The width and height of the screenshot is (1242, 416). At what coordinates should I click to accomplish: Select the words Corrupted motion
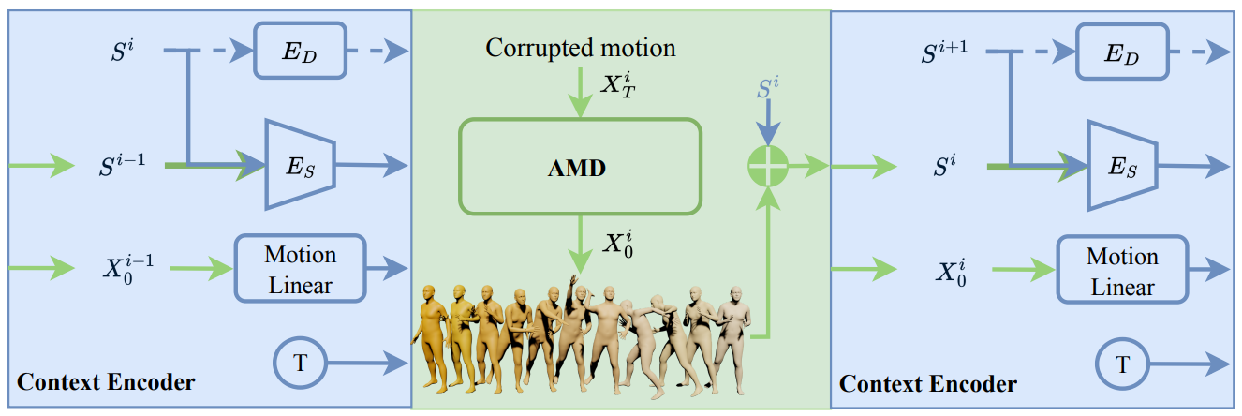[581, 47]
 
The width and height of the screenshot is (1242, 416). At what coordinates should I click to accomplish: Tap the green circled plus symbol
[767, 168]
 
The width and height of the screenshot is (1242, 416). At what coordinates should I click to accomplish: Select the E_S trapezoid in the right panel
[1121, 166]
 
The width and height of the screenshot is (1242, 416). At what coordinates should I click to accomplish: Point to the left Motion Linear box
[300, 269]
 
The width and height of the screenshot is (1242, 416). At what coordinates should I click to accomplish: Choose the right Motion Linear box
[1122, 271]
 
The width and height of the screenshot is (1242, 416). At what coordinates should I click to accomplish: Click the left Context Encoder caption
[106, 382]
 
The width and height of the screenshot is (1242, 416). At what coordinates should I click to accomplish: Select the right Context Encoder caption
[927, 383]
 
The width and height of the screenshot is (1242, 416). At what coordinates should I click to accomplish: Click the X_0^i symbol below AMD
[619, 245]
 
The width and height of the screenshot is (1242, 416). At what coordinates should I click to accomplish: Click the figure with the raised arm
[574, 328]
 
